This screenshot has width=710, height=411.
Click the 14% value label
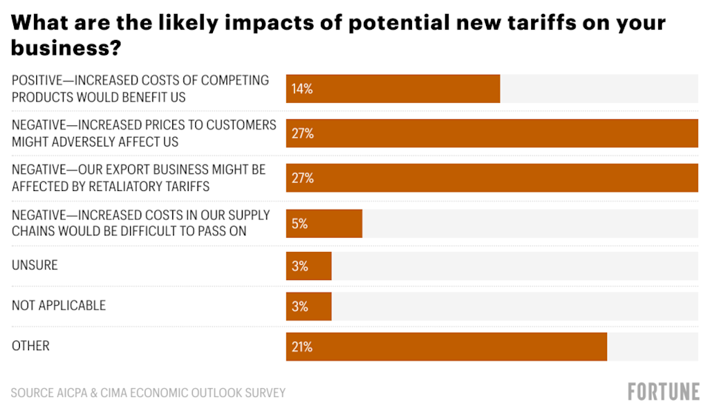[302, 89]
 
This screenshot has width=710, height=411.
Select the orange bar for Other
[447, 347]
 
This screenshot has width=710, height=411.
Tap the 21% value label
[302, 347]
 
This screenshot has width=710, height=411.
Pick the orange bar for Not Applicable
[309, 305]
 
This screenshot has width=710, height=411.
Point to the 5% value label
[300, 223]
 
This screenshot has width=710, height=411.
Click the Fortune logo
[664, 392]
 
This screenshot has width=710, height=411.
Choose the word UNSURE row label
[35, 264]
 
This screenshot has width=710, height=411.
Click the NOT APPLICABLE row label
[58, 305]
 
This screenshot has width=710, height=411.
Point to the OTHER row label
[30, 346]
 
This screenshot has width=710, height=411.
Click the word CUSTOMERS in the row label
[241, 124]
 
